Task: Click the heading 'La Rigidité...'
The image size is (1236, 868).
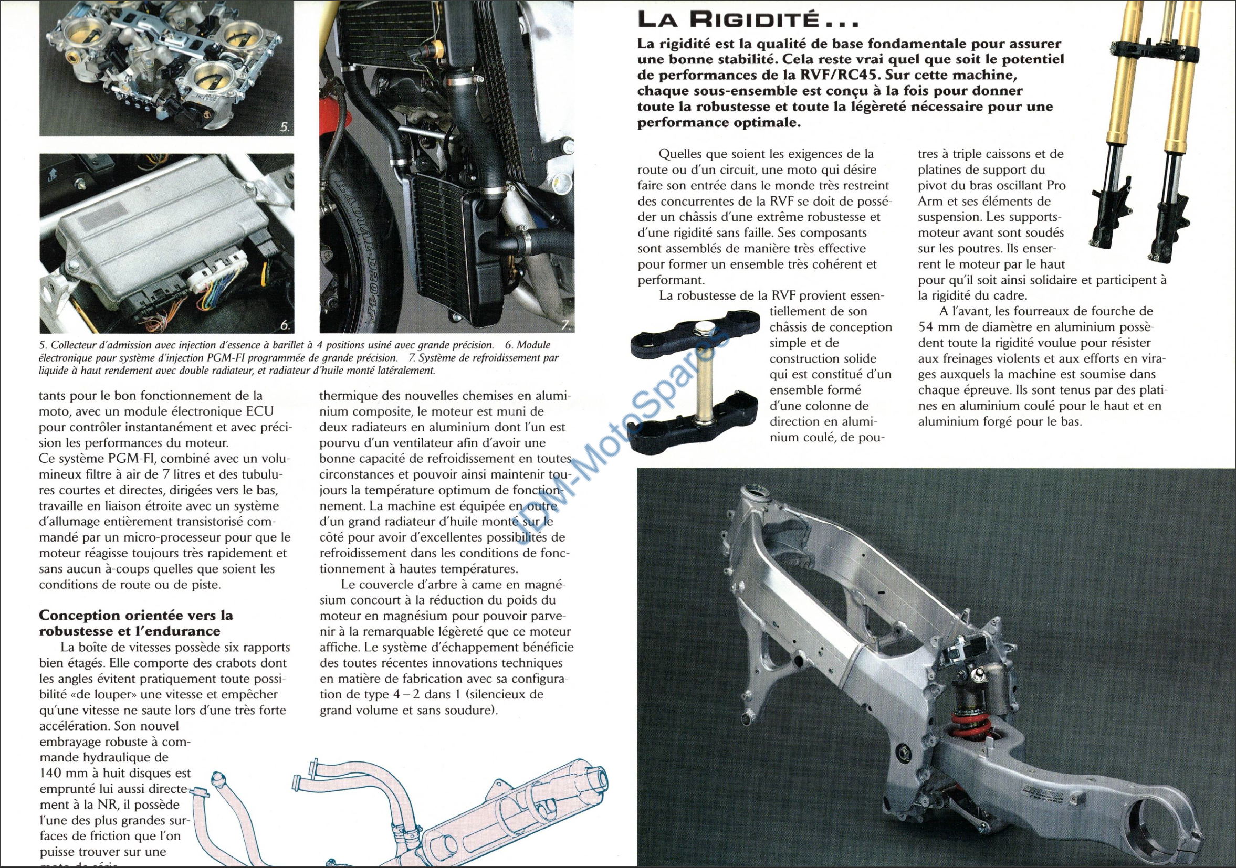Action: click(748, 20)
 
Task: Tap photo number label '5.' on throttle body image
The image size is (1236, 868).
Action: click(285, 127)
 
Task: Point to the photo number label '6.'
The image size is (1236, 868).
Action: click(285, 325)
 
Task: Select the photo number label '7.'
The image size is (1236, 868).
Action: click(566, 325)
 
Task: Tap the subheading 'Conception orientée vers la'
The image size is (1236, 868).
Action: click(136, 615)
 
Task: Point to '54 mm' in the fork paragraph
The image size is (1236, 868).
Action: click(937, 326)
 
